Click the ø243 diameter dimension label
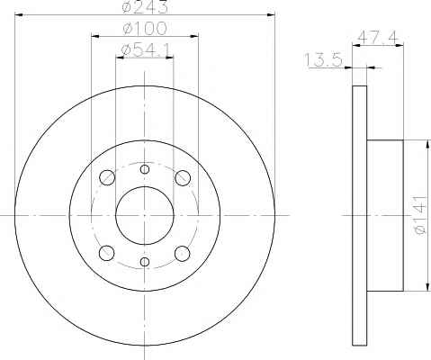coord(146,6)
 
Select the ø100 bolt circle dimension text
coord(145,29)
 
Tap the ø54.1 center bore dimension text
coord(146,50)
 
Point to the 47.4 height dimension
coord(378,38)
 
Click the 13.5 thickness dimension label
coord(323,59)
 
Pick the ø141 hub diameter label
coord(420,215)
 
